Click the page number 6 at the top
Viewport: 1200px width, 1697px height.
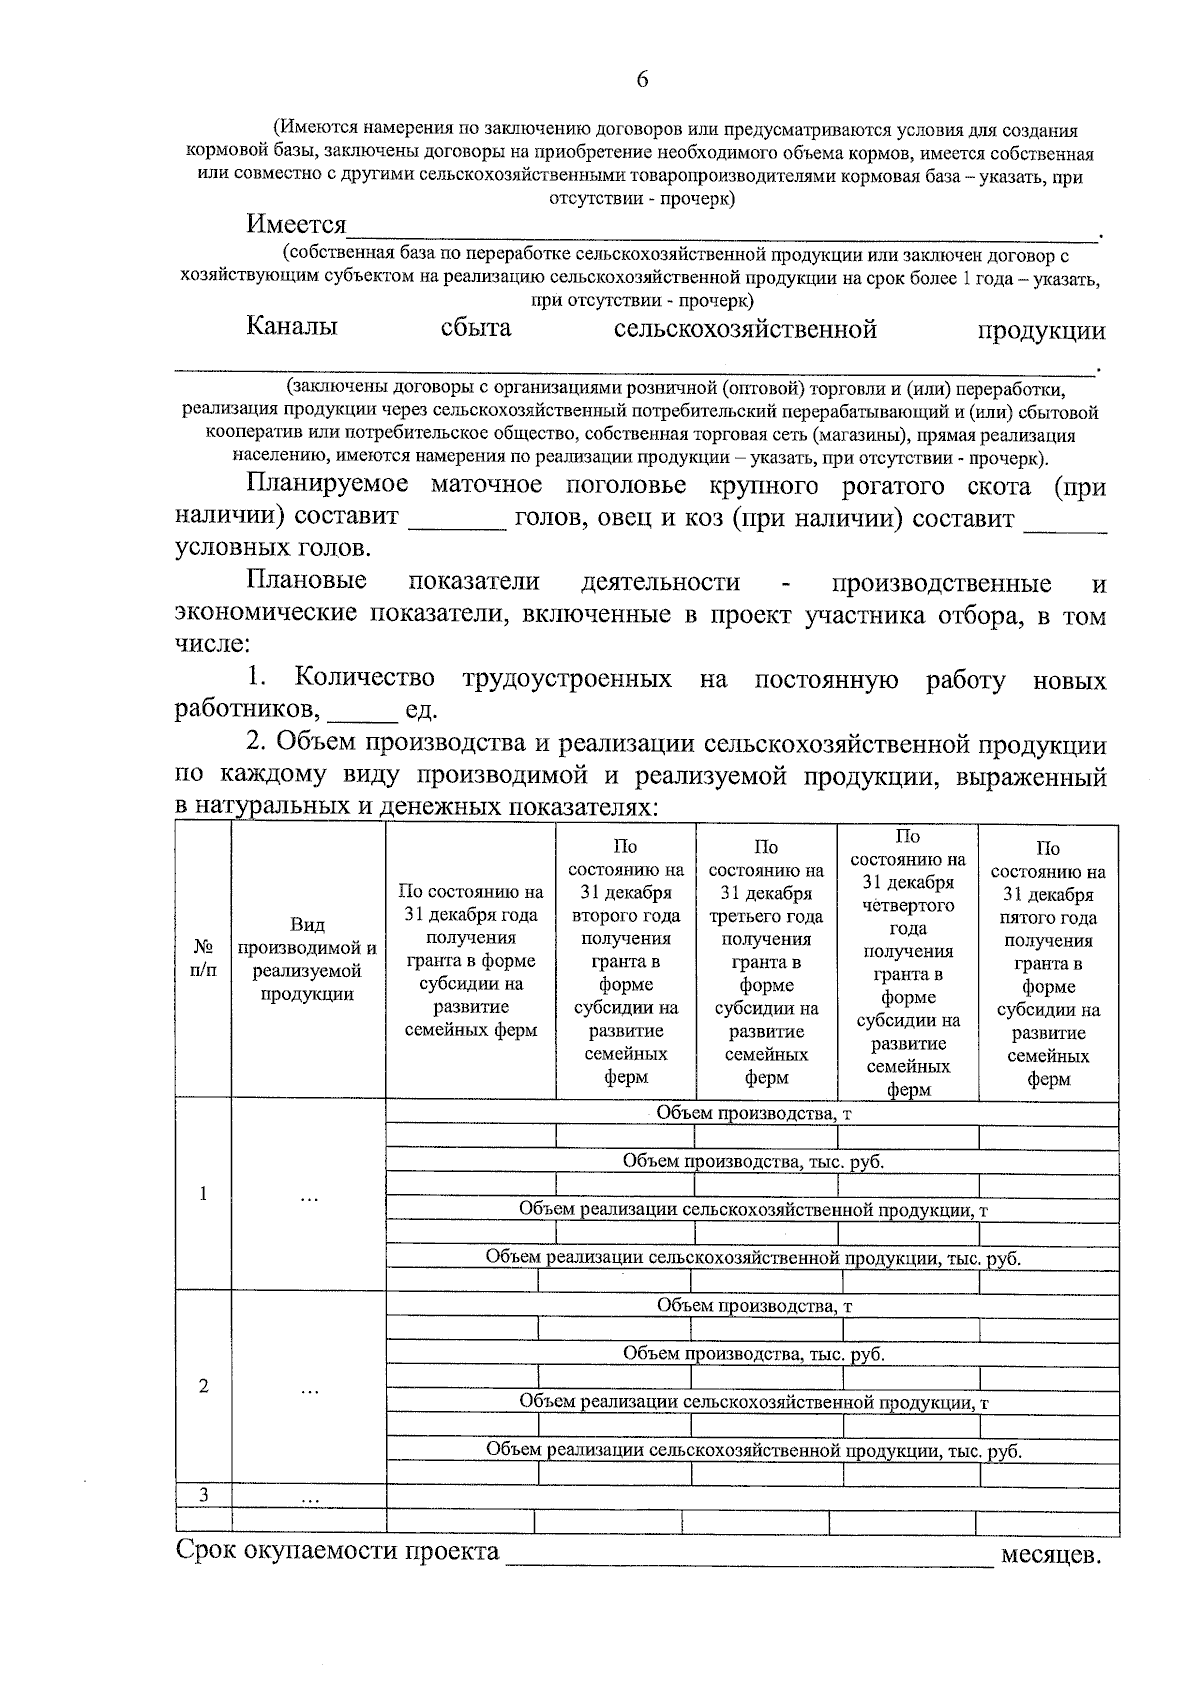point(642,80)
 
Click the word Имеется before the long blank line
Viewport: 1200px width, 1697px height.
point(297,224)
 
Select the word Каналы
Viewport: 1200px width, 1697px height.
point(292,327)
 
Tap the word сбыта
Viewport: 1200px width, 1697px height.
point(475,327)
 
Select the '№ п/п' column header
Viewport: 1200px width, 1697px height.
point(203,958)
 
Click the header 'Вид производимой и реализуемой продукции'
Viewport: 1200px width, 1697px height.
point(307,958)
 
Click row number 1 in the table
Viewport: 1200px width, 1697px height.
point(203,1193)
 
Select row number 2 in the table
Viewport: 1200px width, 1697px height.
point(203,1386)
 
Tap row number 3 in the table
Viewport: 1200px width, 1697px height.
point(203,1495)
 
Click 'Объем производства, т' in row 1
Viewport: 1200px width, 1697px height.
point(753,1112)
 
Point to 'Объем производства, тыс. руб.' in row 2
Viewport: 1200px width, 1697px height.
point(753,1354)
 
